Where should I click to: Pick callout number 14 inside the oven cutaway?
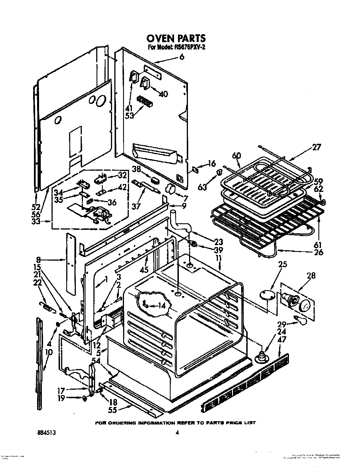pyautogui.click(x=161, y=306)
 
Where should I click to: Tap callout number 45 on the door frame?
pyautogui.click(x=144, y=270)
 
